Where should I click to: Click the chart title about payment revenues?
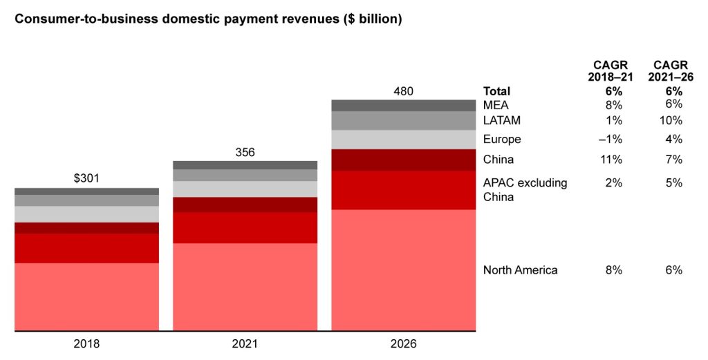click(208, 19)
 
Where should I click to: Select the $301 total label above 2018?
click(86, 178)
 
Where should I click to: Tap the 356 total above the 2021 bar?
click(245, 152)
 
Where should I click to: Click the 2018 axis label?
click(86, 343)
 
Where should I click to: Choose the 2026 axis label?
click(404, 343)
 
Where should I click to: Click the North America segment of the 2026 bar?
click(404, 269)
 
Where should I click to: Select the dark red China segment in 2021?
click(245, 205)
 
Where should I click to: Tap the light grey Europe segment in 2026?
click(404, 140)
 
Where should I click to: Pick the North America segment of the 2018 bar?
click(86, 296)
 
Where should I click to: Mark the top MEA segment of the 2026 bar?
click(404, 105)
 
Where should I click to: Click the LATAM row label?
click(502, 121)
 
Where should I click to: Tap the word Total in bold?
click(496, 91)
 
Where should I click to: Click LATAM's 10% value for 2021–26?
click(671, 121)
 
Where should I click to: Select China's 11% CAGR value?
click(612, 160)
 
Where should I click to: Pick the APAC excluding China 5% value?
click(674, 183)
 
